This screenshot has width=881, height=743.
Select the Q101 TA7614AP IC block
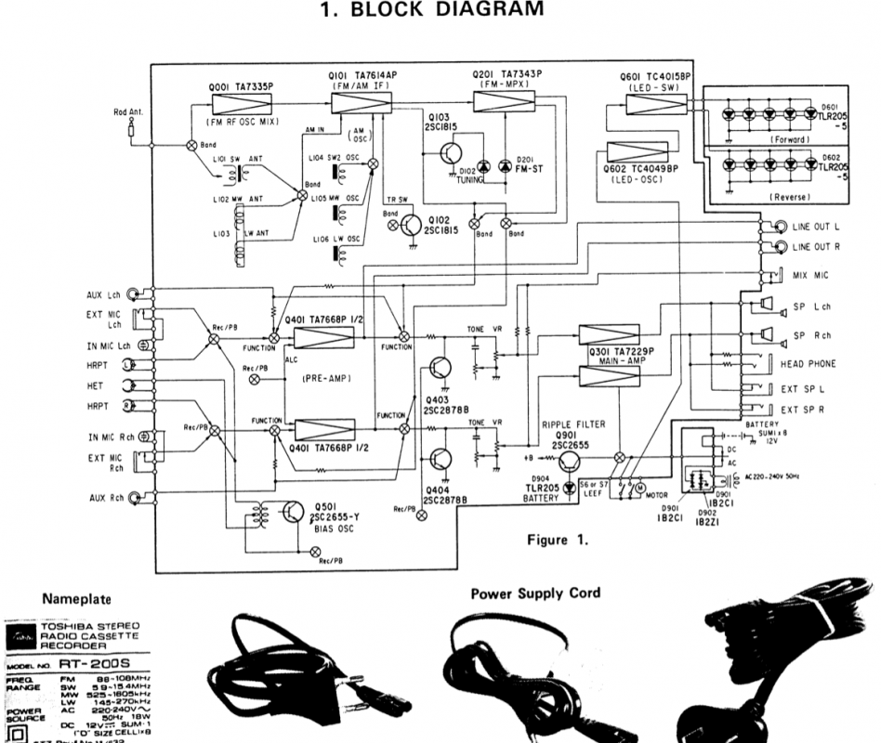coord(362,102)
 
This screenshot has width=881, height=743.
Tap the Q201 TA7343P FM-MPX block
coord(507,100)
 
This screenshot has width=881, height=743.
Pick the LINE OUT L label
coord(817,225)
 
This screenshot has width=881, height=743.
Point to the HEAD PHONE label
coord(808,364)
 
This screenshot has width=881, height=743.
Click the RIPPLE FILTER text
coord(573,424)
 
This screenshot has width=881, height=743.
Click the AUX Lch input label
coord(102,294)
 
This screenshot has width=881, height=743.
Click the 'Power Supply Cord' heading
coord(535,593)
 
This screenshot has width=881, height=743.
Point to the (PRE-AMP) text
coord(326,379)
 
